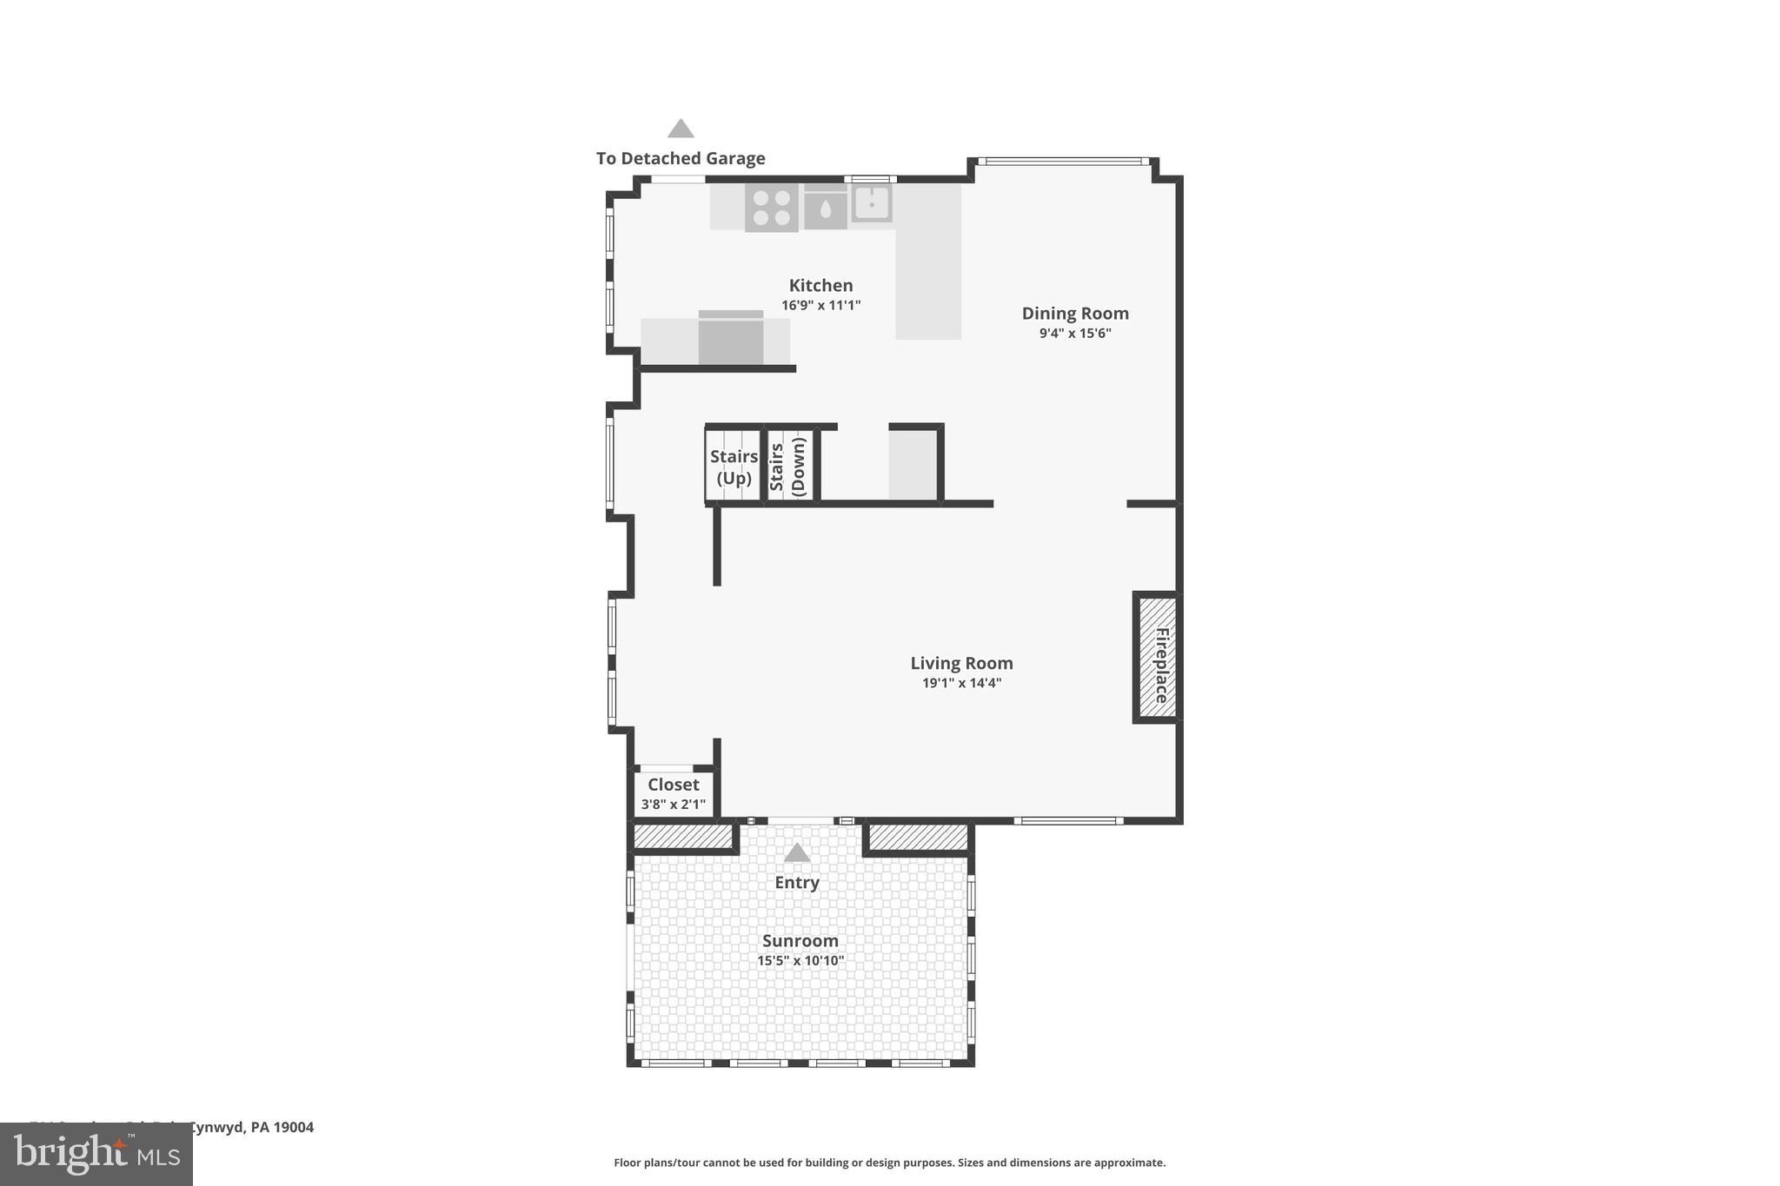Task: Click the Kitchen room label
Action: [x=820, y=285]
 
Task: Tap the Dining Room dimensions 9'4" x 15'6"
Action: [x=1075, y=334]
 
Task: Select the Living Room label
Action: [x=961, y=663]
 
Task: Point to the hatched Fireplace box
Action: [x=1158, y=658]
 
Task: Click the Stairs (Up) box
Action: [x=734, y=467]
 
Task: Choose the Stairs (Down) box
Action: [x=789, y=467]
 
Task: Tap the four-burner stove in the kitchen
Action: [x=771, y=208]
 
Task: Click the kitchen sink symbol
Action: [x=871, y=203]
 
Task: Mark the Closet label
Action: [x=673, y=785]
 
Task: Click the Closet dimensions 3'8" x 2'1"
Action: [x=673, y=805]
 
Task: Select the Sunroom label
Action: [x=800, y=941]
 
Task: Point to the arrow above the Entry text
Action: [x=797, y=853]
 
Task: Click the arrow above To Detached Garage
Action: [x=681, y=129]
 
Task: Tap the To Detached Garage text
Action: [x=681, y=158]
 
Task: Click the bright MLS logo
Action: [x=96, y=1154]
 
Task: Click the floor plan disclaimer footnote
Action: [x=889, y=1163]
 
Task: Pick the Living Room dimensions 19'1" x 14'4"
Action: [x=961, y=683]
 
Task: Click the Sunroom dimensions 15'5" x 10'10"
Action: [x=800, y=961]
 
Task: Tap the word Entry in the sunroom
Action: [x=797, y=883]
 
